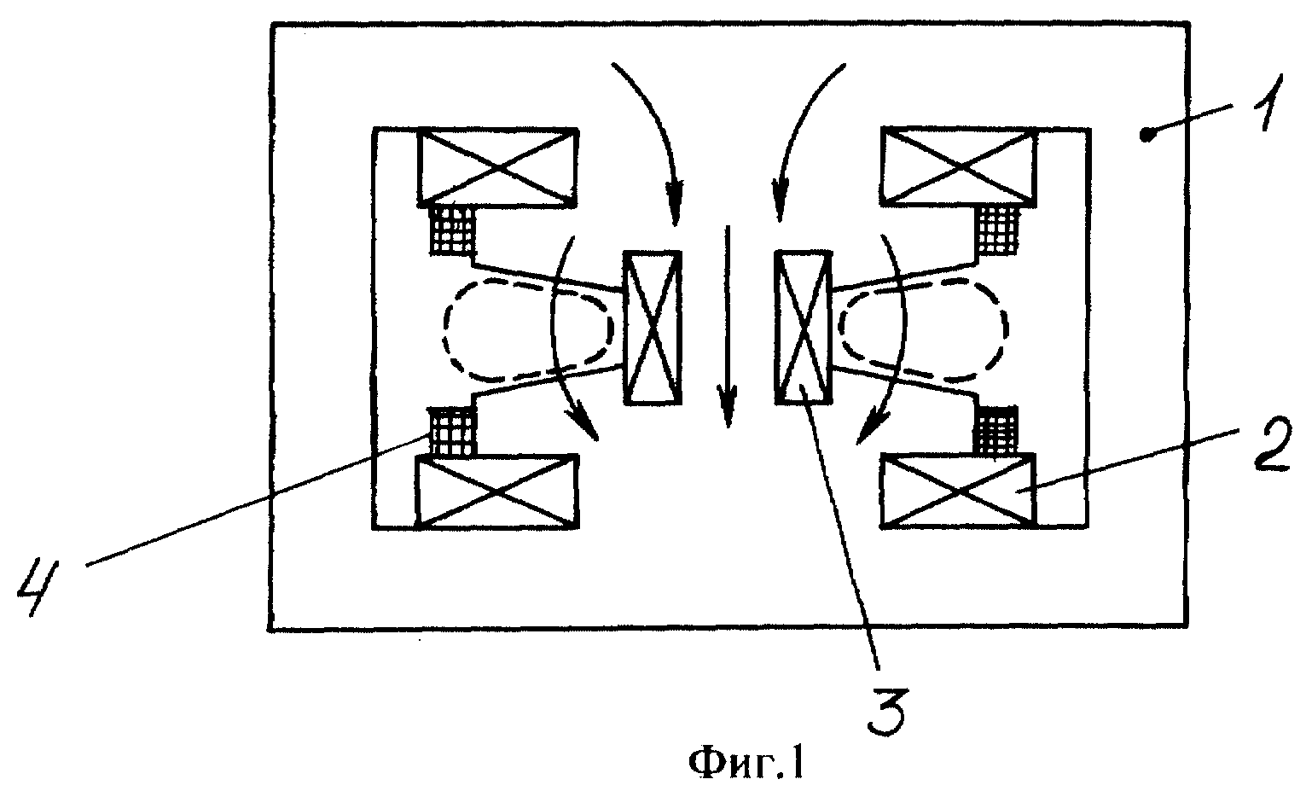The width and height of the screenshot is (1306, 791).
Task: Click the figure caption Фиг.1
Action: (747, 765)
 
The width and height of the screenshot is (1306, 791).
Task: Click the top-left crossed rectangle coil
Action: (497, 167)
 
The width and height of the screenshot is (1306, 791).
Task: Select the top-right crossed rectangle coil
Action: (959, 167)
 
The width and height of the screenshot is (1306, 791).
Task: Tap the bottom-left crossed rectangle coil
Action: (496, 491)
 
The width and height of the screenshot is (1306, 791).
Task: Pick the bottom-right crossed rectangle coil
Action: (959, 491)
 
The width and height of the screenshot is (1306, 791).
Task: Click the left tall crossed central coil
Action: (653, 328)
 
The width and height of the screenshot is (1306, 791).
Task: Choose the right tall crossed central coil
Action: (802, 327)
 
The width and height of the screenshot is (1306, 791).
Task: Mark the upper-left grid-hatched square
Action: (452, 230)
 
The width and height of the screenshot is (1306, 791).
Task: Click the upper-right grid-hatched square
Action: (998, 230)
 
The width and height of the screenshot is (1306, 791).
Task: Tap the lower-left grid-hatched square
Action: (452, 431)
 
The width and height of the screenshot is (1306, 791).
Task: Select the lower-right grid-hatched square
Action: (995, 431)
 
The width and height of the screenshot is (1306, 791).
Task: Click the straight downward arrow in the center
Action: (727, 327)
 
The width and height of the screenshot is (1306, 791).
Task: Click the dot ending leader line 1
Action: (1146, 136)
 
